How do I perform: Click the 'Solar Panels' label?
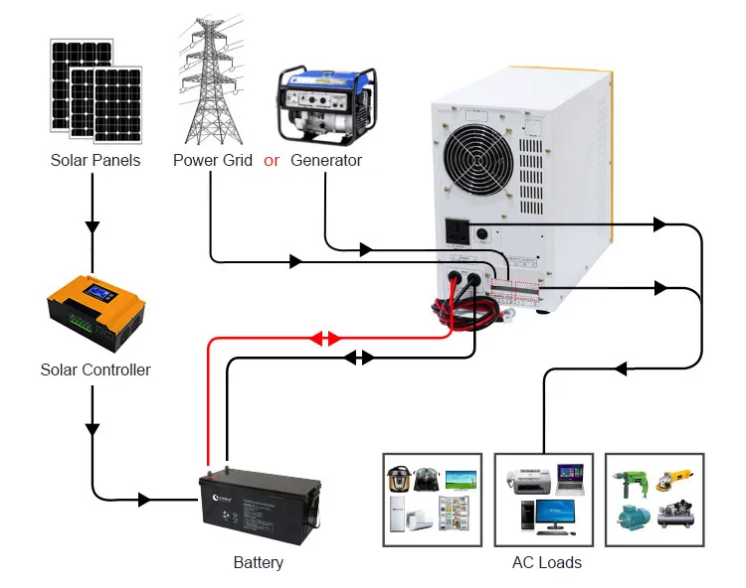[95, 160]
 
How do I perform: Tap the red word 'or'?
[272, 160]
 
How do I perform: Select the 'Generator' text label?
[326, 160]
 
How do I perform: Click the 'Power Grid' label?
[213, 160]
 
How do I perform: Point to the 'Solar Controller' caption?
[95, 369]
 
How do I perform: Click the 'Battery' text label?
[258, 562]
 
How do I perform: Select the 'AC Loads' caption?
[546, 562]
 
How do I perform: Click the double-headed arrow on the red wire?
[325, 339]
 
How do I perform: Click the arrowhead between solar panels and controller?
[93, 226]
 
